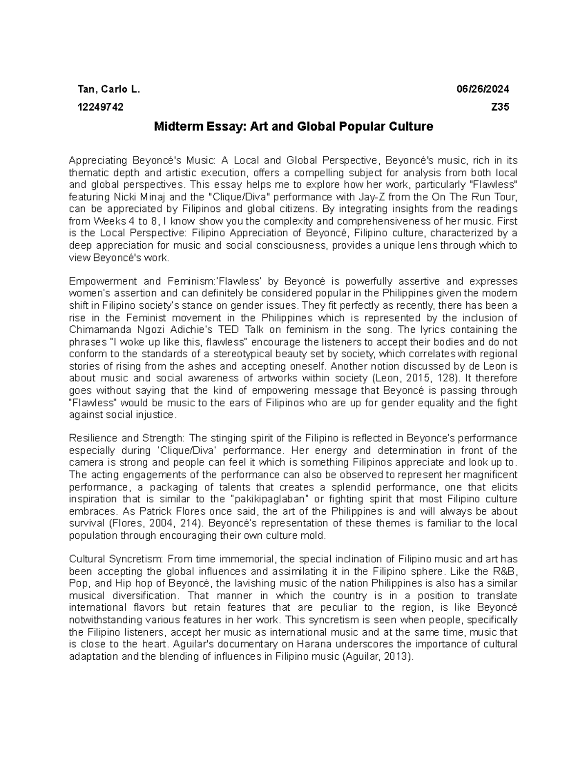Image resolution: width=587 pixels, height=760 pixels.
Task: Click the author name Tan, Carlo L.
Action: [109, 89]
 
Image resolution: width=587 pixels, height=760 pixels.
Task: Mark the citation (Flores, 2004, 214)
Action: [150, 524]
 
